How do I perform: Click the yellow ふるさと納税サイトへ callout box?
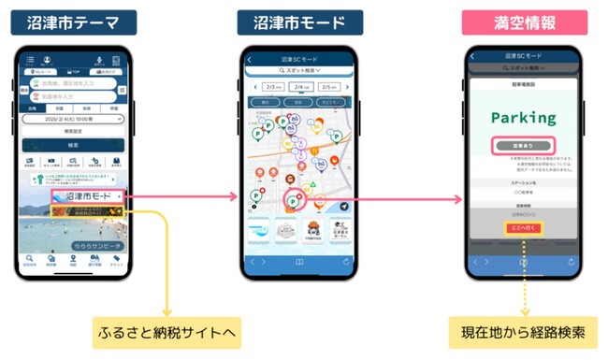[166, 332]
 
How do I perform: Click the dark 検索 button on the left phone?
[73, 145]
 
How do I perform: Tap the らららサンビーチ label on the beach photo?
[101, 246]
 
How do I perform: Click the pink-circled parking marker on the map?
[293, 199]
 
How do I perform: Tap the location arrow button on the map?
[344, 206]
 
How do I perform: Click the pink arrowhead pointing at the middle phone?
[233, 198]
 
